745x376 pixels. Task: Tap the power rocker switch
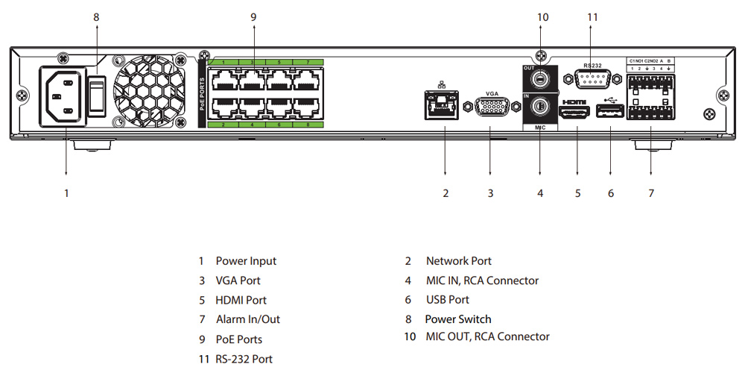click(95, 93)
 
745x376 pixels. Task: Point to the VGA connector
click(490, 108)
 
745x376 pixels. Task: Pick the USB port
click(610, 113)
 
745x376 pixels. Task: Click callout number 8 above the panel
click(96, 16)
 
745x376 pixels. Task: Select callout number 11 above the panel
click(593, 16)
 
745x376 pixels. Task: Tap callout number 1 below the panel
click(66, 193)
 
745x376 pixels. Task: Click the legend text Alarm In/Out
click(248, 319)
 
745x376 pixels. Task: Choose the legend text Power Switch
click(457, 319)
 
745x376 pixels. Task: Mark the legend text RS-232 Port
click(244, 359)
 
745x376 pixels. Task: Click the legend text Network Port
click(458, 261)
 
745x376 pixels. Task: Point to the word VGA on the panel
click(492, 94)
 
